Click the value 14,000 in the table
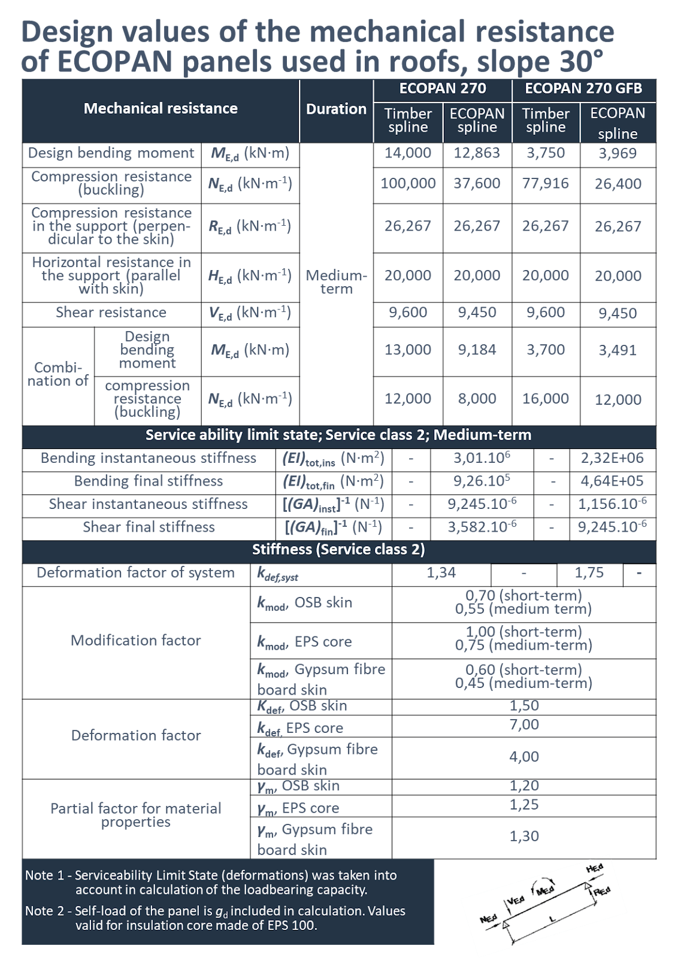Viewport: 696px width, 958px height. tap(408, 153)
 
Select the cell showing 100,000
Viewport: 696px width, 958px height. tap(408, 183)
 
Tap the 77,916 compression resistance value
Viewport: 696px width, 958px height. tap(545, 183)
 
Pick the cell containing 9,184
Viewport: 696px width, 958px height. tap(477, 350)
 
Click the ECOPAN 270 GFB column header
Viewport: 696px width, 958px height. tap(583, 89)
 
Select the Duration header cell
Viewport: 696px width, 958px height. tap(336, 109)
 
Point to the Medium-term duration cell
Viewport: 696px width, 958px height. tap(336, 282)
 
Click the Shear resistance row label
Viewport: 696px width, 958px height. tap(111, 313)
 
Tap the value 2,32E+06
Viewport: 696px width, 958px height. tap(612, 459)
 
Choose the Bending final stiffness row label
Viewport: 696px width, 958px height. tap(149, 481)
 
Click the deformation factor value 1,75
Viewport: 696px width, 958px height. tap(589, 573)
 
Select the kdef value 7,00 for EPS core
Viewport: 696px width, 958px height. tap(524, 725)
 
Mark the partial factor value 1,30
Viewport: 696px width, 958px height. tap(524, 836)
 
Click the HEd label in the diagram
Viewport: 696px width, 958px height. tap(595, 869)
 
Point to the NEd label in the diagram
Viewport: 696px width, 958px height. tap(489, 918)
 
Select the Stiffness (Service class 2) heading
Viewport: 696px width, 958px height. tap(338, 550)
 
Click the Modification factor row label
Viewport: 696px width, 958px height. tap(136, 641)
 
